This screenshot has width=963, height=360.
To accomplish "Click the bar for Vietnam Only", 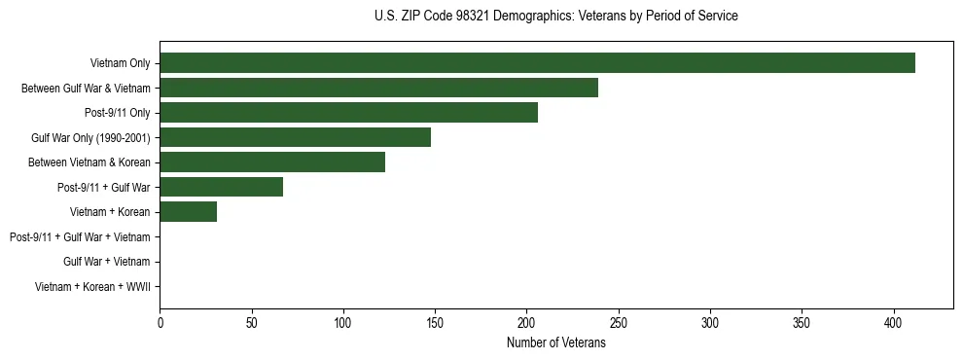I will (x=537, y=63).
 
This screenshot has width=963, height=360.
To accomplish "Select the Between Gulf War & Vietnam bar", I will (x=378, y=88).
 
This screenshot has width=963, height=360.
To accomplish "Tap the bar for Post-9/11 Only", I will (x=348, y=113).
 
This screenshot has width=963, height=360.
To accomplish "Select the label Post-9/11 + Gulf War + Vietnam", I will (x=80, y=236).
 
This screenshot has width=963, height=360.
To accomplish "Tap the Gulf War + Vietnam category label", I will (x=106, y=262).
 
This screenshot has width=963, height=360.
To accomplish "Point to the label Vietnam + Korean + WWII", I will (x=92, y=286).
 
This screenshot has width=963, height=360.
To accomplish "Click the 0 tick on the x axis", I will (x=160, y=322).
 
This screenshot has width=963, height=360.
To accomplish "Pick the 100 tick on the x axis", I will (x=343, y=322).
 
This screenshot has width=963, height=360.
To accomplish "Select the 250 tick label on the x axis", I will (x=619, y=322).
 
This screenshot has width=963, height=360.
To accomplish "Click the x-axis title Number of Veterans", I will (x=556, y=342).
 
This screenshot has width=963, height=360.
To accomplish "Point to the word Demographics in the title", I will (x=532, y=17).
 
